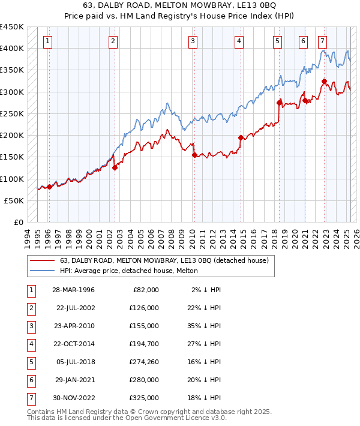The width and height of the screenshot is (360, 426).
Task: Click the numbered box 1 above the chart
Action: pos(47,41)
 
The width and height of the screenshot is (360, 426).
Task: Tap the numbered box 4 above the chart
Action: pos(239,41)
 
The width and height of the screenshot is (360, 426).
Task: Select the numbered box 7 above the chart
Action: pos(323,41)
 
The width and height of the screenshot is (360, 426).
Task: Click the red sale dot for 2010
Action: pos(194,155)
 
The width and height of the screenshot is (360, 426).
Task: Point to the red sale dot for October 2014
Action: pos(241,137)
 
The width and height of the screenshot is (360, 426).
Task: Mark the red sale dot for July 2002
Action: pos(115,167)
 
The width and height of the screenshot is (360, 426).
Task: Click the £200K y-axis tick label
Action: pos(12,135)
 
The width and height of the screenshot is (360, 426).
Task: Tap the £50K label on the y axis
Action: pos(14,200)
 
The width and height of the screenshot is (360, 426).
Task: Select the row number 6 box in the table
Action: pos(30,380)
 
